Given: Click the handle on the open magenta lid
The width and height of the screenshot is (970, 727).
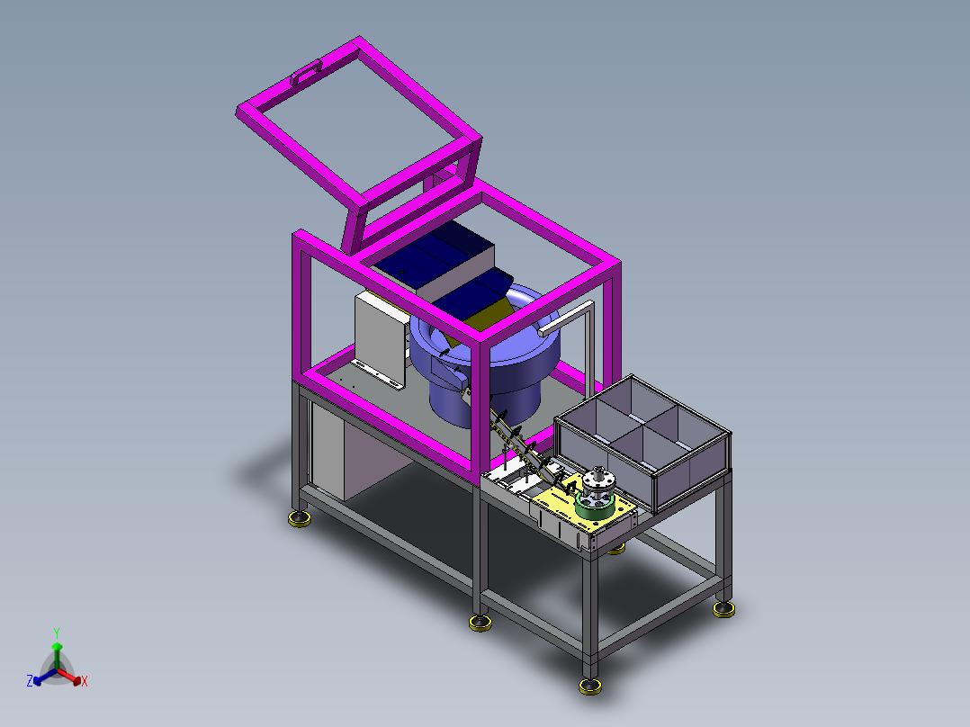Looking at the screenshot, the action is [306, 71].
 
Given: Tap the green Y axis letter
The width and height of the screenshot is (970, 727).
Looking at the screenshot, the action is [57, 633].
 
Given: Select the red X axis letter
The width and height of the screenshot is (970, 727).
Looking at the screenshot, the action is [85, 681].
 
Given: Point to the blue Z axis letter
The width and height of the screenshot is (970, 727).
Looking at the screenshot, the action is [29, 680].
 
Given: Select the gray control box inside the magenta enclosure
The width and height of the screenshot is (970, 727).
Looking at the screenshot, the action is [381, 337].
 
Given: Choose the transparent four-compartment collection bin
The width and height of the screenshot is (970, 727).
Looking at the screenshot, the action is [643, 443].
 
